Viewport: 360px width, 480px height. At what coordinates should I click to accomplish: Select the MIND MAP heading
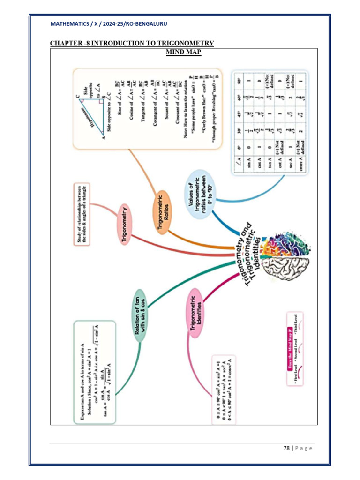(x=184, y=52)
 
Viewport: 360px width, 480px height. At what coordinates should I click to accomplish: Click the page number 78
(x=286, y=448)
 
